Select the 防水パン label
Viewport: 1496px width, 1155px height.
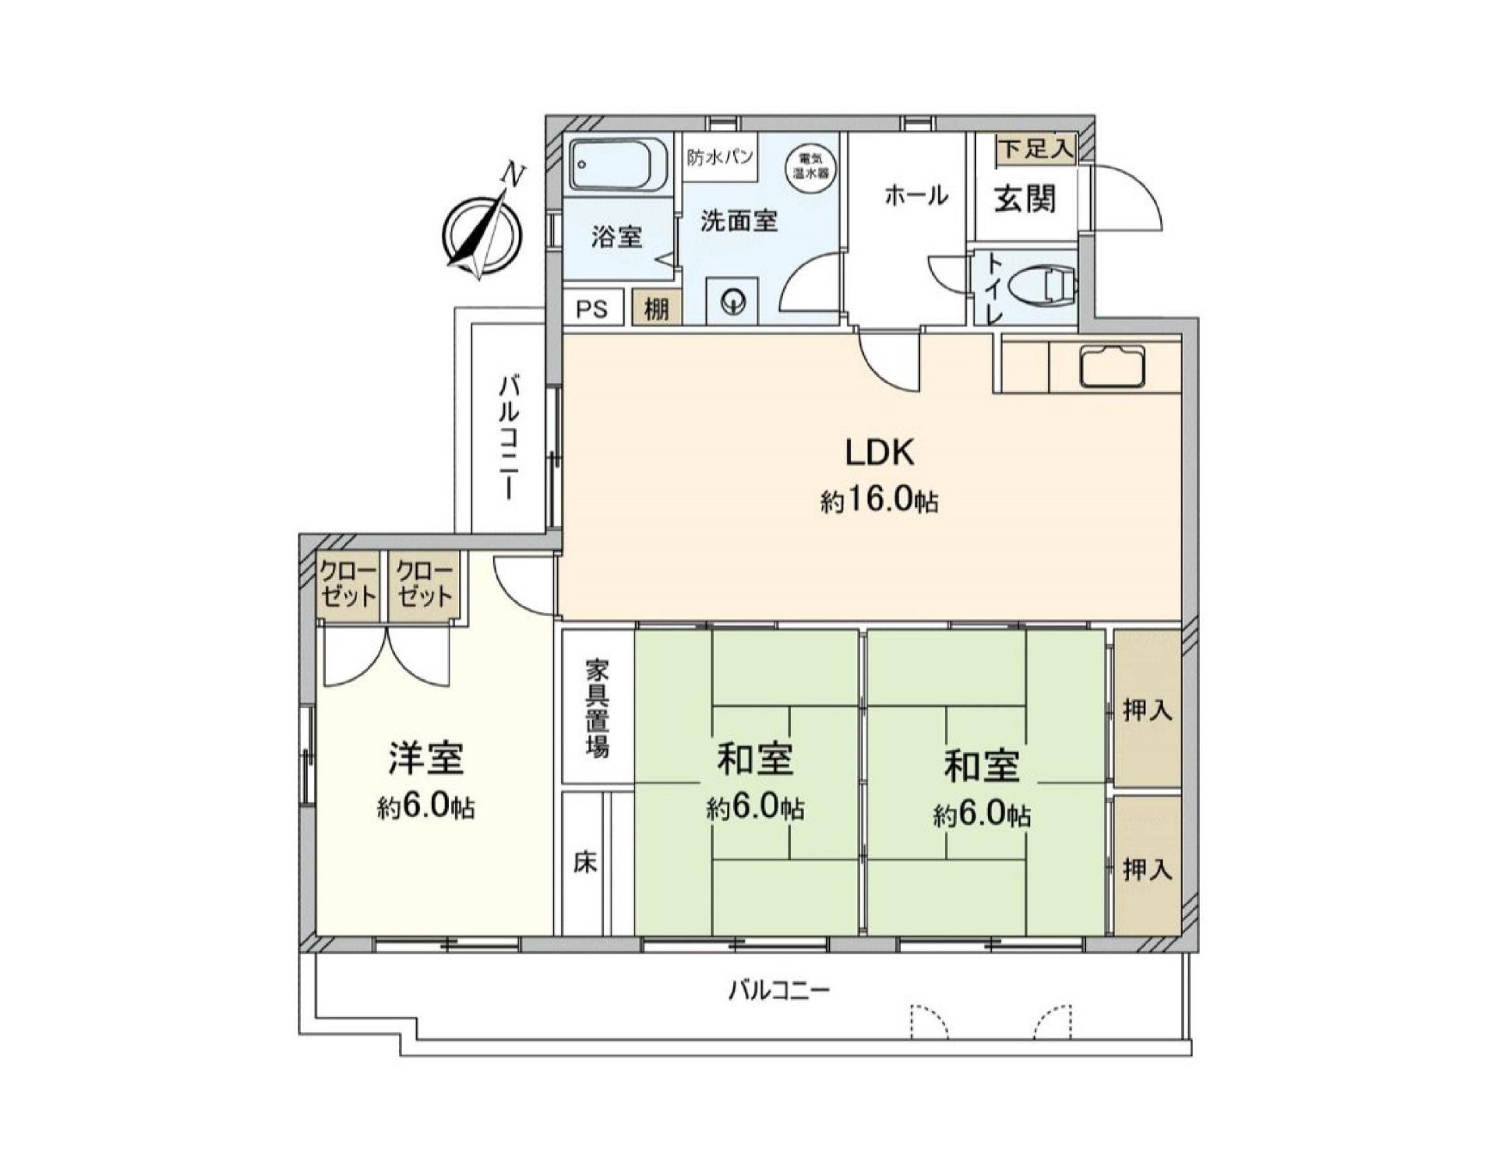click(719, 157)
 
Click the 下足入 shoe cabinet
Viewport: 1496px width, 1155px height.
click(1036, 149)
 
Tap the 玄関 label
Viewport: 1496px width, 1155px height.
click(1024, 199)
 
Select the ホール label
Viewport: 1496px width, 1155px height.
click(916, 195)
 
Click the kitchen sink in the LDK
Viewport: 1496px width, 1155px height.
click(1112, 364)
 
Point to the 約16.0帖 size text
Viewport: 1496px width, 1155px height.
click(879, 501)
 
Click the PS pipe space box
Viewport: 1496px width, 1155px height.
click(591, 308)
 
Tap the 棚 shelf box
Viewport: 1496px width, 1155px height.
click(657, 308)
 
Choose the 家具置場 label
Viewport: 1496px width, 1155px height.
click(598, 707)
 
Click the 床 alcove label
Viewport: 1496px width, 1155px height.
click(585, 863)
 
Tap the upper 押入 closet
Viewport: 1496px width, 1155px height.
click(1146, 709)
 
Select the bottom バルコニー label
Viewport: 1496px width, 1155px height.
click(779, 991)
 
